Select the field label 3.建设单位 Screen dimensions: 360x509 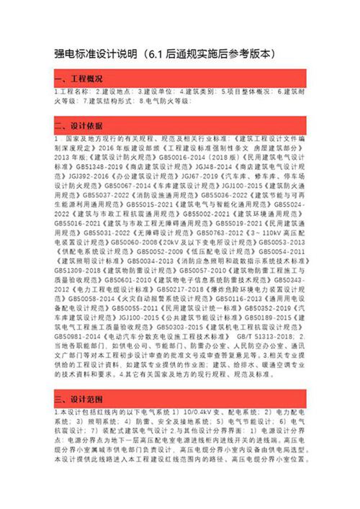tap(156, 92)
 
